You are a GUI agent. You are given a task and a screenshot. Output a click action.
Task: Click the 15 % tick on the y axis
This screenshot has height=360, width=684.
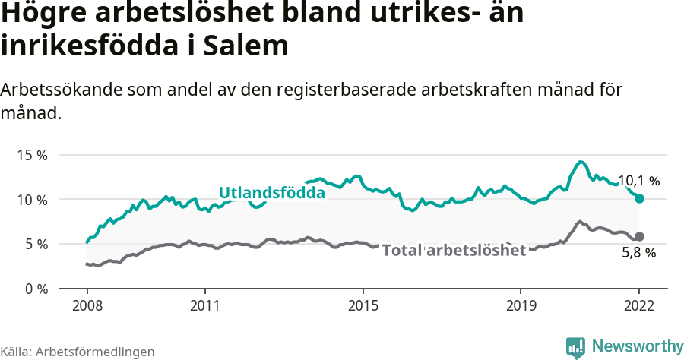click(32, 155)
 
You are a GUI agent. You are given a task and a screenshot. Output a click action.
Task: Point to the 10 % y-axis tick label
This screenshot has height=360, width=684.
click(32, 200)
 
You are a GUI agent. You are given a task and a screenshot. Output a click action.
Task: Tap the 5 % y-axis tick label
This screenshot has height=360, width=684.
click(35, 245)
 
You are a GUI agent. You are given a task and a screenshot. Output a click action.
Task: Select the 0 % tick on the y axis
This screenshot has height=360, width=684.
click(35, 289)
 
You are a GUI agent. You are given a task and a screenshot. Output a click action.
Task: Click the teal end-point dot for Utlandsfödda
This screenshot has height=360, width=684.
click(640, 198)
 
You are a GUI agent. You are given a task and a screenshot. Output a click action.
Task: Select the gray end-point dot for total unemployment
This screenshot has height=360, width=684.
click(640, 236)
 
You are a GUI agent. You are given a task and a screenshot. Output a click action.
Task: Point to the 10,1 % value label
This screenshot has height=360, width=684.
click(638, 181)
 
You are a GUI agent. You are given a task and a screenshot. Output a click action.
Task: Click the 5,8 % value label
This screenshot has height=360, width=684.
click(638, 253)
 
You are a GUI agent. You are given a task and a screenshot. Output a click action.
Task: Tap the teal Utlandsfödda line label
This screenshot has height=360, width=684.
click(272, 193)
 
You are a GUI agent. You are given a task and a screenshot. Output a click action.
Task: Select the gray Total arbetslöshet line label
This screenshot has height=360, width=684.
click(454, 251)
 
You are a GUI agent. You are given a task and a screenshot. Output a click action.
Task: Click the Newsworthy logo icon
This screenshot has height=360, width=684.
click(575, 347)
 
